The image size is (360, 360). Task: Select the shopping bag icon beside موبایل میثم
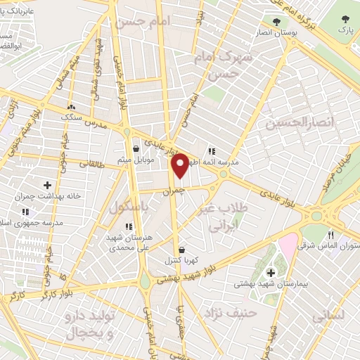tap(136, 148)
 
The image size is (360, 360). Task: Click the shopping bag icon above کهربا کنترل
tap(182, 250)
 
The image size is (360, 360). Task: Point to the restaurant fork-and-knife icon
tap(330, 236)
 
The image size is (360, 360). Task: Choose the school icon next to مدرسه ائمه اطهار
tap(211, 150)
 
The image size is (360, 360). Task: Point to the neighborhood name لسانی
tap(328, 316)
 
